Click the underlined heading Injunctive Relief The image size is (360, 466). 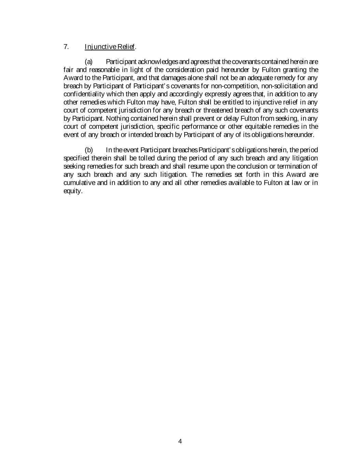coord(110,46)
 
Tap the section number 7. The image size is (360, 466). coord(66,46)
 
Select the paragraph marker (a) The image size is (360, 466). coord(89,62)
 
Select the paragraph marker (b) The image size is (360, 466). coord(89,150)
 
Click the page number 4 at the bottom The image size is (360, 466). coord(180,441)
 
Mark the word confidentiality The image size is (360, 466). coord(84,94)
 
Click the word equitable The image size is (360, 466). coord(258,126)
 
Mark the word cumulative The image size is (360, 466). coord(80,183)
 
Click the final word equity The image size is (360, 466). coord(73,191)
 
